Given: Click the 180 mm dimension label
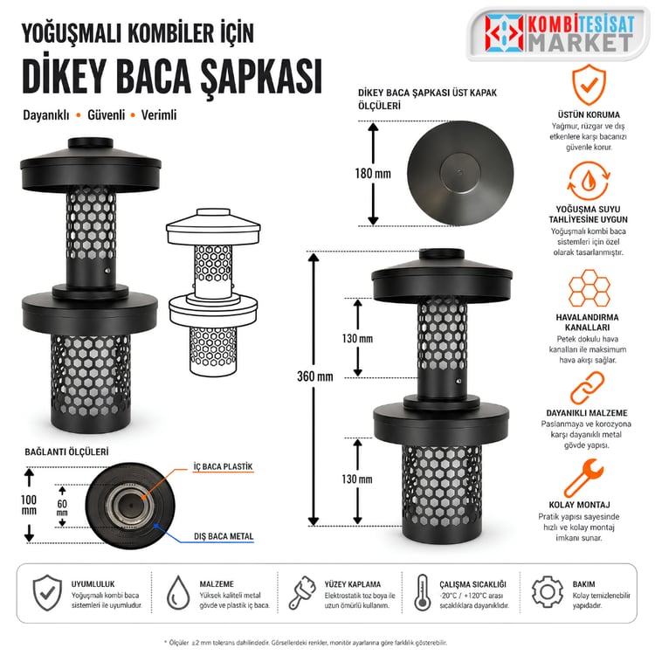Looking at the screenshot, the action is click(373, 174).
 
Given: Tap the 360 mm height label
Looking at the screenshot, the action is click(315, 376).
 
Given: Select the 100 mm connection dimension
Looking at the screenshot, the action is click(29, 505).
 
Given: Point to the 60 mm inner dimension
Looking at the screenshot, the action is click(62, 507).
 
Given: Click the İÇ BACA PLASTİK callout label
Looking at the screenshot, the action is click(223, 466).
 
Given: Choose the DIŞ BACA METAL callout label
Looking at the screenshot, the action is click(224, 536).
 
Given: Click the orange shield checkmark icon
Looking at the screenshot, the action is click(589, 85).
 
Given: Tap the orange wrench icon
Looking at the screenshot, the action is click(583, 478).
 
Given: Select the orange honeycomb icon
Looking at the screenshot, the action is click(589, 288).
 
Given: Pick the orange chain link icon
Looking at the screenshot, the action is click(587, 389).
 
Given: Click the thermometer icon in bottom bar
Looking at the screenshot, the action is click(423, 592).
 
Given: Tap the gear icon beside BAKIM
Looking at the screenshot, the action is click(547, 591).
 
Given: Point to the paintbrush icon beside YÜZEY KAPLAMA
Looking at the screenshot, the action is click(302, 592).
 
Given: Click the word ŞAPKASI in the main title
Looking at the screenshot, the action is click(261, 77).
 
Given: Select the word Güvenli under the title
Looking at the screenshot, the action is click(106, 115).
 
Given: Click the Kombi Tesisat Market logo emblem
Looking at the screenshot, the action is click(504, 33).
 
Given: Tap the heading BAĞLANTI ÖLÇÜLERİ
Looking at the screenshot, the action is click(66, 452).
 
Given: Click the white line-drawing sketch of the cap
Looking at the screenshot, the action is click(213, 293).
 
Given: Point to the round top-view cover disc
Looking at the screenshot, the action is click(460, 173).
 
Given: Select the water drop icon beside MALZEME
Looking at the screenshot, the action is click(178, 592).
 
